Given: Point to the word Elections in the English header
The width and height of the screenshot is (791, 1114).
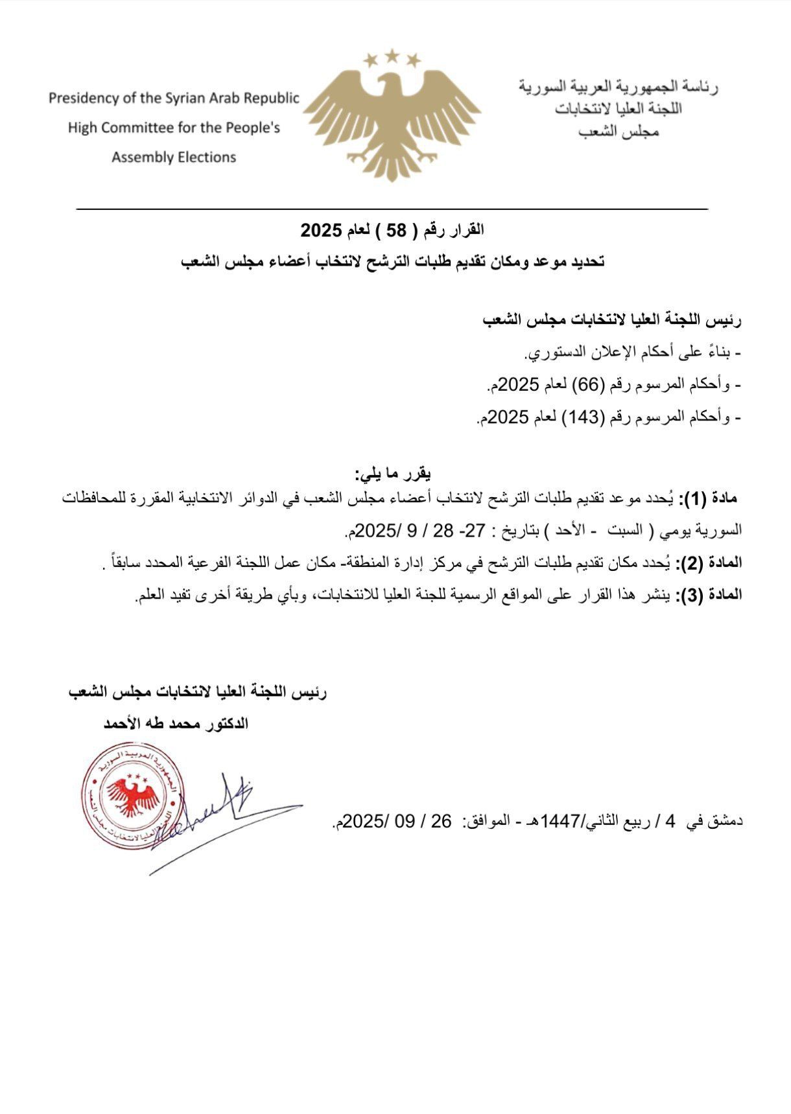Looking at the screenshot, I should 209,157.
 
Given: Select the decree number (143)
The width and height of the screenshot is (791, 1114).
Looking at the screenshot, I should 586,418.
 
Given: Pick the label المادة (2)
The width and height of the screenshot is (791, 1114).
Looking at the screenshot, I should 709,563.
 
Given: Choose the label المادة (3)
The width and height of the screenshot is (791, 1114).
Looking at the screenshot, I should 709,595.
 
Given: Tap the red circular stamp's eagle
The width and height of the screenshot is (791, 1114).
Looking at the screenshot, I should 133,796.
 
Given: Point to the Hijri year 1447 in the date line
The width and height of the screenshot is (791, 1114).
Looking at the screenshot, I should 555,822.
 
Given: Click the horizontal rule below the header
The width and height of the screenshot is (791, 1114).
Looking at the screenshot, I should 392,209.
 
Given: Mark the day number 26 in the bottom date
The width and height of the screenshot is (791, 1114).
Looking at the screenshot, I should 442,822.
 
